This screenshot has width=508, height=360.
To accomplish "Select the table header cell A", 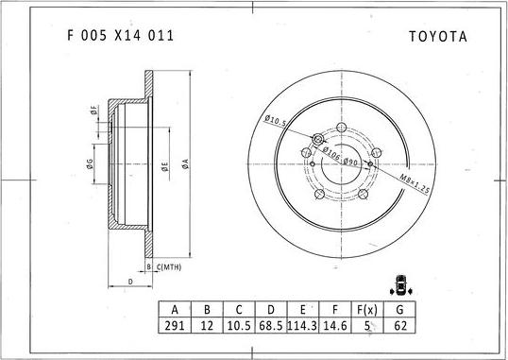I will coord(175,309).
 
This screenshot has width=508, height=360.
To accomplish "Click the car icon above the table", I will coord(403,284).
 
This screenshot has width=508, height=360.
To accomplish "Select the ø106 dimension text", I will coord(330,153).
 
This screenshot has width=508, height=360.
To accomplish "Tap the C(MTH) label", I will coord(169,267).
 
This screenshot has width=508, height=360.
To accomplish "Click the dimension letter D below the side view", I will coord(129,282).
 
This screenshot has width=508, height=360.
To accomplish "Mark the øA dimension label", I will coord(187,163).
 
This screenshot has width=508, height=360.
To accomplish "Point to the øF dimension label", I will coord(94,111).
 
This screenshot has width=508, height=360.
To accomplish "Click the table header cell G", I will coord(399,309).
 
